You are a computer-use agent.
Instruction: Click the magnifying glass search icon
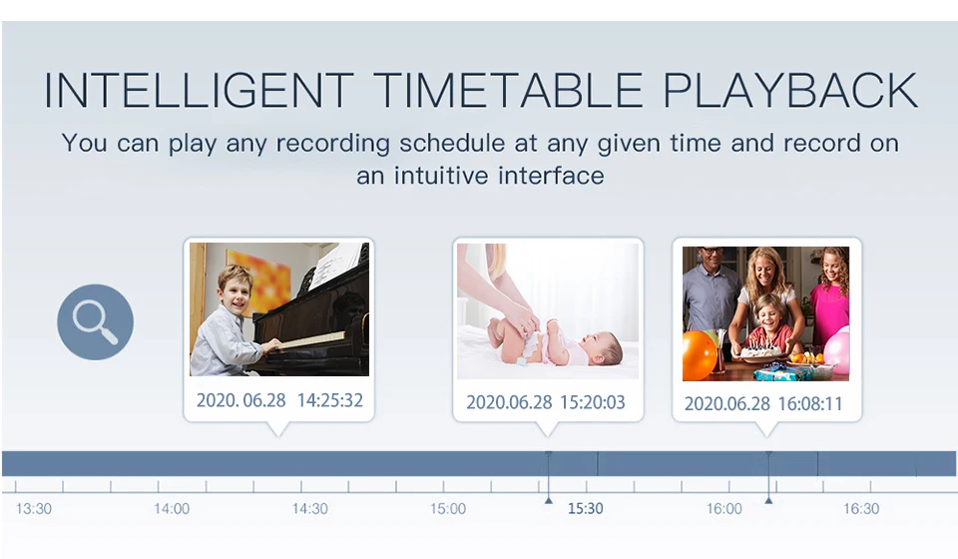coord(96,322)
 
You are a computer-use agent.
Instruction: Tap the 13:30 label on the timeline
coord(34,509)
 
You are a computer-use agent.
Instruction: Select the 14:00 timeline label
coord(172,509)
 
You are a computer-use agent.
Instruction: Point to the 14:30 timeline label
coord(309,509)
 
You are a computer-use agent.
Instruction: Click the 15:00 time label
coord(448,509)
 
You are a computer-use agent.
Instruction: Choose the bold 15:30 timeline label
coord(586,509)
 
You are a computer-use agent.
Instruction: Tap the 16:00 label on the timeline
coord(724,509)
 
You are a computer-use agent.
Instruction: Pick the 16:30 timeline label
coord(861,509)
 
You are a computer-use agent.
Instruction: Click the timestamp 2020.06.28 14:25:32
coord(279,400)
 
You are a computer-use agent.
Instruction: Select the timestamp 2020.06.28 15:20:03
coord(546,402)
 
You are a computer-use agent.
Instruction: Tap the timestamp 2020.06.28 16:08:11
coord(763,404)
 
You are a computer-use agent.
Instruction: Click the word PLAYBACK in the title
coord(790,91)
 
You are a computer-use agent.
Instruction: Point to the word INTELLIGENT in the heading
coord(199,91)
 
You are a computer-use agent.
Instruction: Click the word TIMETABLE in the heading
coord(507,91)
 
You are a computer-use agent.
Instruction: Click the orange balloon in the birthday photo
coord(699,355)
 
